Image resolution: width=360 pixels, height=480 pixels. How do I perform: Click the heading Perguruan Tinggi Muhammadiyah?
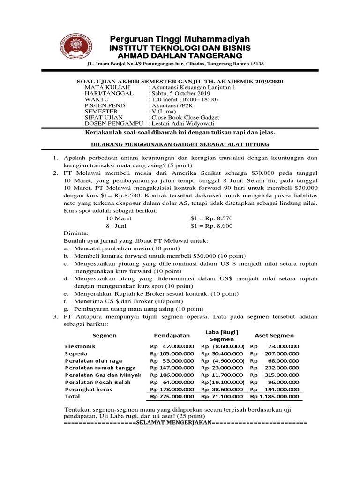[x=180, y=38]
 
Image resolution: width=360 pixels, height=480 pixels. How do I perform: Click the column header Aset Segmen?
[x=274, y=335]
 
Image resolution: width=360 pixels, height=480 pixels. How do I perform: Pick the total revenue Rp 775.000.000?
[x=172, y=396]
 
